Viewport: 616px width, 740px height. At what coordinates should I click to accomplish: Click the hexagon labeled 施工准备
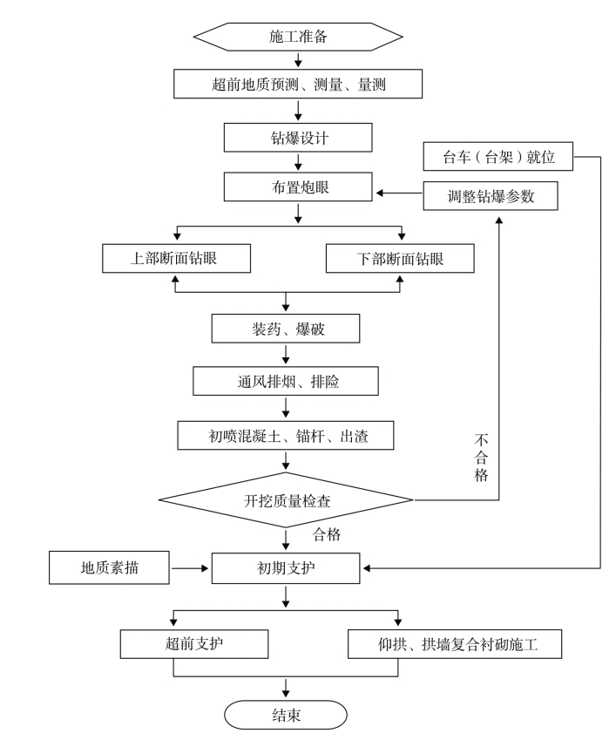298,37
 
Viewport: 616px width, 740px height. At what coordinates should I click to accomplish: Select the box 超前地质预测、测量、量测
298,84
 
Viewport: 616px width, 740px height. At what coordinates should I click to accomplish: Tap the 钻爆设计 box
298,138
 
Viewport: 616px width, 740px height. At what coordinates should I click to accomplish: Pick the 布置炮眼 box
298,187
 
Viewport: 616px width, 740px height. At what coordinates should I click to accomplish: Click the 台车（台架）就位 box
498,156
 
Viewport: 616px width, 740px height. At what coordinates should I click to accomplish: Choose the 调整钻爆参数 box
491,196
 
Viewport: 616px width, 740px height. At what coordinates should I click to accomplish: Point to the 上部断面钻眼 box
176,258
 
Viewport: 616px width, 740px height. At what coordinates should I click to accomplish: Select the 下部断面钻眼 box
400,258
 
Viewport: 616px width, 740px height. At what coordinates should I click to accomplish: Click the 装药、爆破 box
286,329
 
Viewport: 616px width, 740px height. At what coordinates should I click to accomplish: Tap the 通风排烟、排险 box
286,381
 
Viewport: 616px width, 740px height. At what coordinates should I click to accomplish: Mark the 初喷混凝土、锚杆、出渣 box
286,435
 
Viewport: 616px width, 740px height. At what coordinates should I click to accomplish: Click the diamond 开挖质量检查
286,499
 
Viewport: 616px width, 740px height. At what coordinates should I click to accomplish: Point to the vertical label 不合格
481,458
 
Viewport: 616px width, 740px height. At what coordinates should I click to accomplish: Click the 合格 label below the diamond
327,534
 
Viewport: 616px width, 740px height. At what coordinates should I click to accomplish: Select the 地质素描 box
110,567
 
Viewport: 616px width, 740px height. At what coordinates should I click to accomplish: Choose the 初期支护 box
286,568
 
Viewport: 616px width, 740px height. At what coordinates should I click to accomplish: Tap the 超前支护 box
194,644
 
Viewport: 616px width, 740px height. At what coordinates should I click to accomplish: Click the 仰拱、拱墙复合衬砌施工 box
455,644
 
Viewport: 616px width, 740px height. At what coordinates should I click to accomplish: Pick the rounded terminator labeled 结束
286,715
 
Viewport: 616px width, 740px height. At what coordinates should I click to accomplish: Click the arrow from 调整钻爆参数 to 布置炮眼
400,193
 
